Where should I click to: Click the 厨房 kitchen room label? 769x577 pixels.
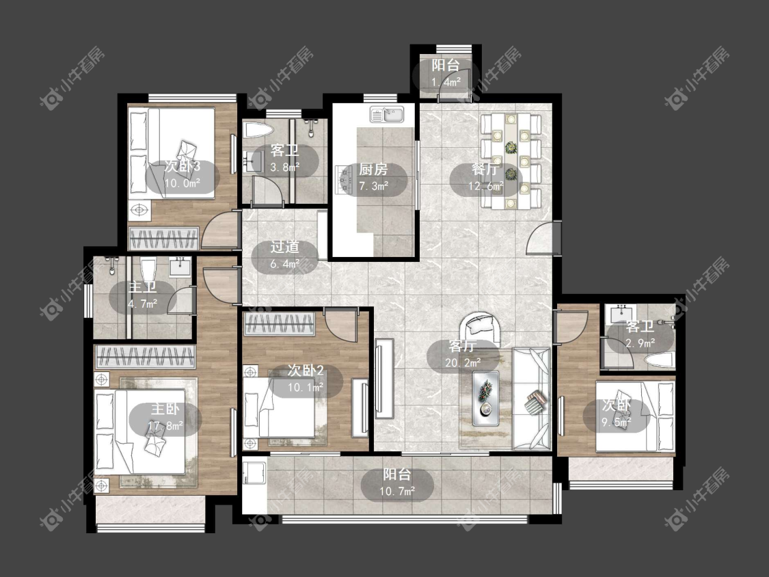pos(373,170)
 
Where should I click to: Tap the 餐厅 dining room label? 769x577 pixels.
pos(485,170)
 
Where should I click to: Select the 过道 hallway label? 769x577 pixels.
pos(285,247)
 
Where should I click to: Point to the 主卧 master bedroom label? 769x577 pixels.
pos(165,410)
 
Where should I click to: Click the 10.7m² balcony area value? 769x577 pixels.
pos(397,491)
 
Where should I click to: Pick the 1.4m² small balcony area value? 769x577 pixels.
pos(446,81)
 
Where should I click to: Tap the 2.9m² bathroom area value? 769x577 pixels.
pos(640,343)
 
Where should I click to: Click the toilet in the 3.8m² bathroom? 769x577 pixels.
pos(258,130)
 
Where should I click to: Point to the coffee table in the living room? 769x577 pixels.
pos(486,398)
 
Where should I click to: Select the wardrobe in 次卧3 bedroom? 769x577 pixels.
pos(163,239)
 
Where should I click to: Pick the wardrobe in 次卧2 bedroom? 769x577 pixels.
pos(280,324)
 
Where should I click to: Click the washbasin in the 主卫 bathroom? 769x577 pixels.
pos(180,267)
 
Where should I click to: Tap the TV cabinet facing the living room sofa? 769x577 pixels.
pos(384,378)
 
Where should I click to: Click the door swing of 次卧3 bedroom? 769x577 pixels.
pos(219,228)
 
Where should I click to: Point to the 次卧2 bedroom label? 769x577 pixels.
pos(306,371)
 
